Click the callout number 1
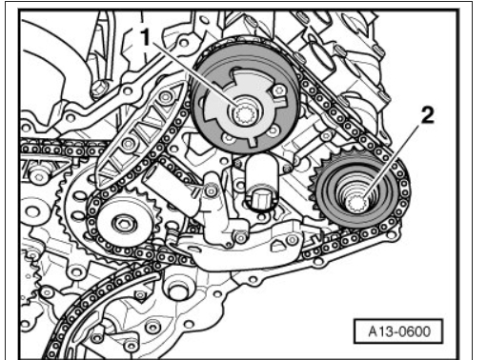pos(145,37)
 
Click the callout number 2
pos(427,115)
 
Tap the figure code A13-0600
pos(398,331)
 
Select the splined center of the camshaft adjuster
pos(245,113)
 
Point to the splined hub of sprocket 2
pos(357,203)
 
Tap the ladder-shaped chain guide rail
pos(139,133)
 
